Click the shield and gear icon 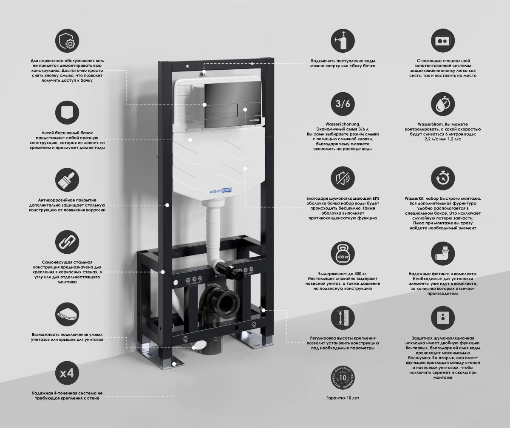click(x=67, y=40)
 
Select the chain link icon click(x=67, y=242)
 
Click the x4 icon click(x=67, y=373)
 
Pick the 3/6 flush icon click(x=343, y=104)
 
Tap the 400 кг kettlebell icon click(x=343, y=253)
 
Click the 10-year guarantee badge click(x=343, y=378)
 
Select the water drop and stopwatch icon click(x=443, y=104)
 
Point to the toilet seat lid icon click(x=67, y=314)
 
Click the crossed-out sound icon click(x=343, y=179)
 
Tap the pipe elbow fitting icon click(x=443, y=253)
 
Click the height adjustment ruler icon click(x=343, y=318)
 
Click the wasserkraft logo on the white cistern click(x=220, y=190)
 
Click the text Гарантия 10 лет click(x=343, y=398)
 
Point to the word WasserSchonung click(x=343, y=124)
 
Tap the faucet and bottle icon click(x=343, y=40)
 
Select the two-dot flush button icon click(x=443, y=40)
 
